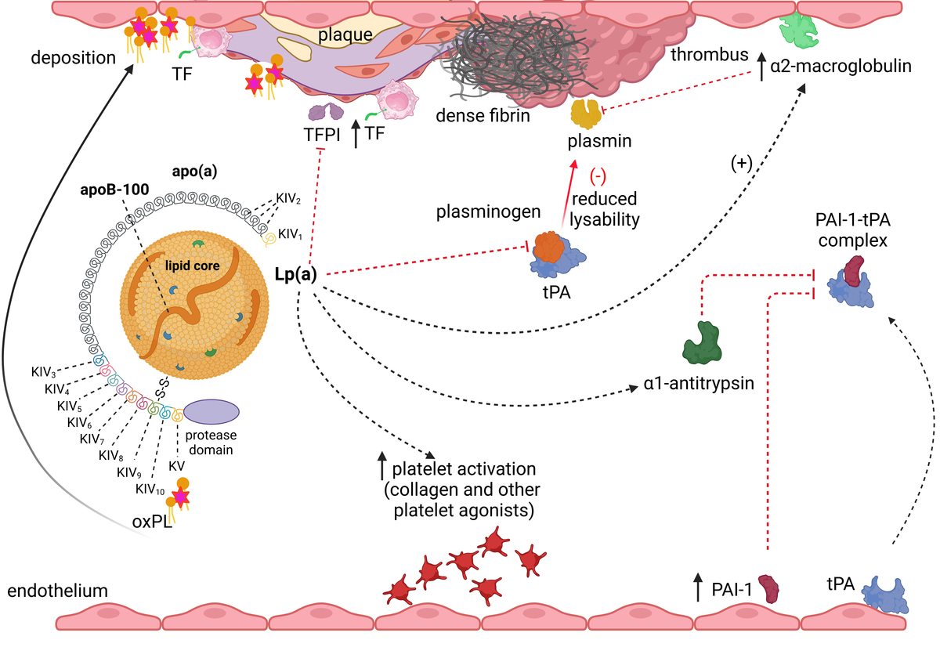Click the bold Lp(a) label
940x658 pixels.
pos(295,274)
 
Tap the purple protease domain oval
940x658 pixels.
pos(211,412)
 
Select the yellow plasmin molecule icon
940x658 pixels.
pos(586,114)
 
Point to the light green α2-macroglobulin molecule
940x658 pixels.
pos(798,31)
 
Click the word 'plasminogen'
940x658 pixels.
pos(488,212)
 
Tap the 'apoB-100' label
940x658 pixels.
pos(114,190)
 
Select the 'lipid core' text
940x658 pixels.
pos(192,266)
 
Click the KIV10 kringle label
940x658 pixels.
pos(150,490)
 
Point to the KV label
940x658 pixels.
pos(177,466)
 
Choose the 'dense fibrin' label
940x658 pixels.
pos(483,116)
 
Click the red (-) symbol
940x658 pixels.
pos(598,177)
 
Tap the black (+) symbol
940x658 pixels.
pos(742,163)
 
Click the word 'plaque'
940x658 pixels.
pos(345,34)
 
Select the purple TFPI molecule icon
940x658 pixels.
pos(326,111)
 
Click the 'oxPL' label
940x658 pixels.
pos(152,522)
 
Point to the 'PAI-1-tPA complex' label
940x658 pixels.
pos(853,230)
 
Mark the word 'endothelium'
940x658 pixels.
pos(57,591)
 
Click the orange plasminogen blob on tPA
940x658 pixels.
pos(549,248)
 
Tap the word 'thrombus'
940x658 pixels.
pos(710,55)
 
